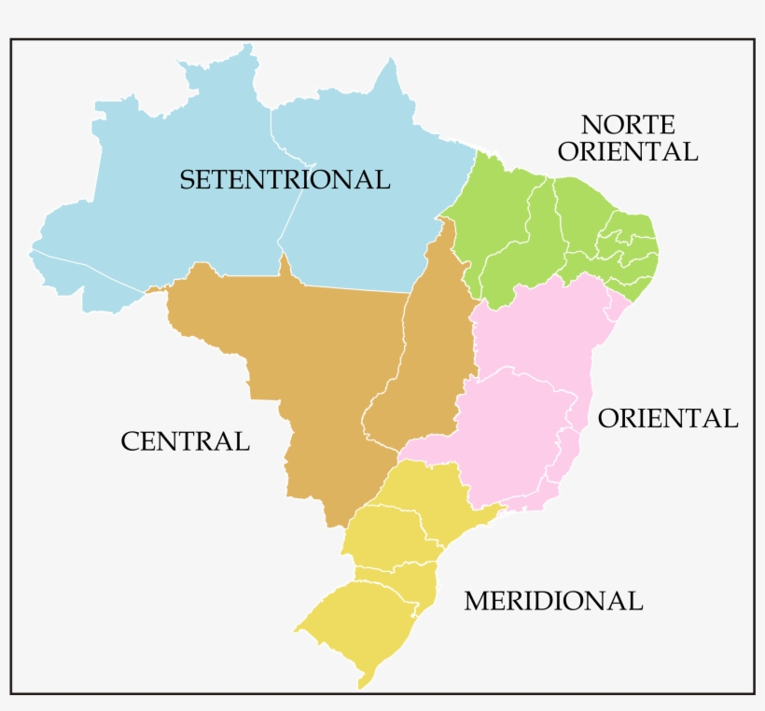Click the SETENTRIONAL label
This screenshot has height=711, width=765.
click(x=285, y=179)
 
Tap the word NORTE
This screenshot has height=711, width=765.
click(x=627, y=124)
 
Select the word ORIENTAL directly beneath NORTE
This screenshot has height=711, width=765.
click(x=627, y=151)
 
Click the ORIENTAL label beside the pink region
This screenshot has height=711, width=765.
click(x=667, y=418)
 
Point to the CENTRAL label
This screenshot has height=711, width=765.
click(x=185, y=441)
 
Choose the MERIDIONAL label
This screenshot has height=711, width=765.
click(x=553, y=601)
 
